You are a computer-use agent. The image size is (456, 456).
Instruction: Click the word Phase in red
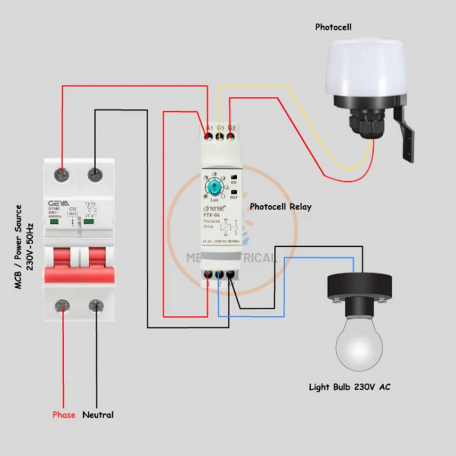pyautogui.click(x=64, y=415)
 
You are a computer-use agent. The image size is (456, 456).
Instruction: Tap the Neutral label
pyautogui.click(x=98, y=415)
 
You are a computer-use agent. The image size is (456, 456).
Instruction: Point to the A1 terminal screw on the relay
pyautogui.click(x=208, y=136)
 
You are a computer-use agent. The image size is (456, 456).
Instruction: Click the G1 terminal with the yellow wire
pyautogui.click(x=220, y=136)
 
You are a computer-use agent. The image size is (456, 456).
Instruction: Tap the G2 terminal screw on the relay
pyautogui.click(x=231, y=136)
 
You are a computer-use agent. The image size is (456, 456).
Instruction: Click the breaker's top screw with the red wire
pyautogui.click(x=62, y=174)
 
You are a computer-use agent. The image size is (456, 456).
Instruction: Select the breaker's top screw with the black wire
pyautogui.click(x=95, y=174)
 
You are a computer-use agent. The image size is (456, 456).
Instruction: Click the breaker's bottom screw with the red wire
pyautogui.click(x=62, y=306)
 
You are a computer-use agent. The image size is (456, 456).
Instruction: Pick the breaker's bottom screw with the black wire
pyautogui.click(x=96, y=306)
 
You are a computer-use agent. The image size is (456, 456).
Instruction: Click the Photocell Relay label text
pyautogui.click(x=281, y=207)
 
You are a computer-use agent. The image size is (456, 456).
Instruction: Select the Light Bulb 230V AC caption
pyautogui.click(x=350, y=387)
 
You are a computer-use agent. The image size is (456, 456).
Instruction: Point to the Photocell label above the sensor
pyautogui.click(x=333, y=27)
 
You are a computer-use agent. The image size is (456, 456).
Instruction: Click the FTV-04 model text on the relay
pyautogui.click(x=212, y=215)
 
